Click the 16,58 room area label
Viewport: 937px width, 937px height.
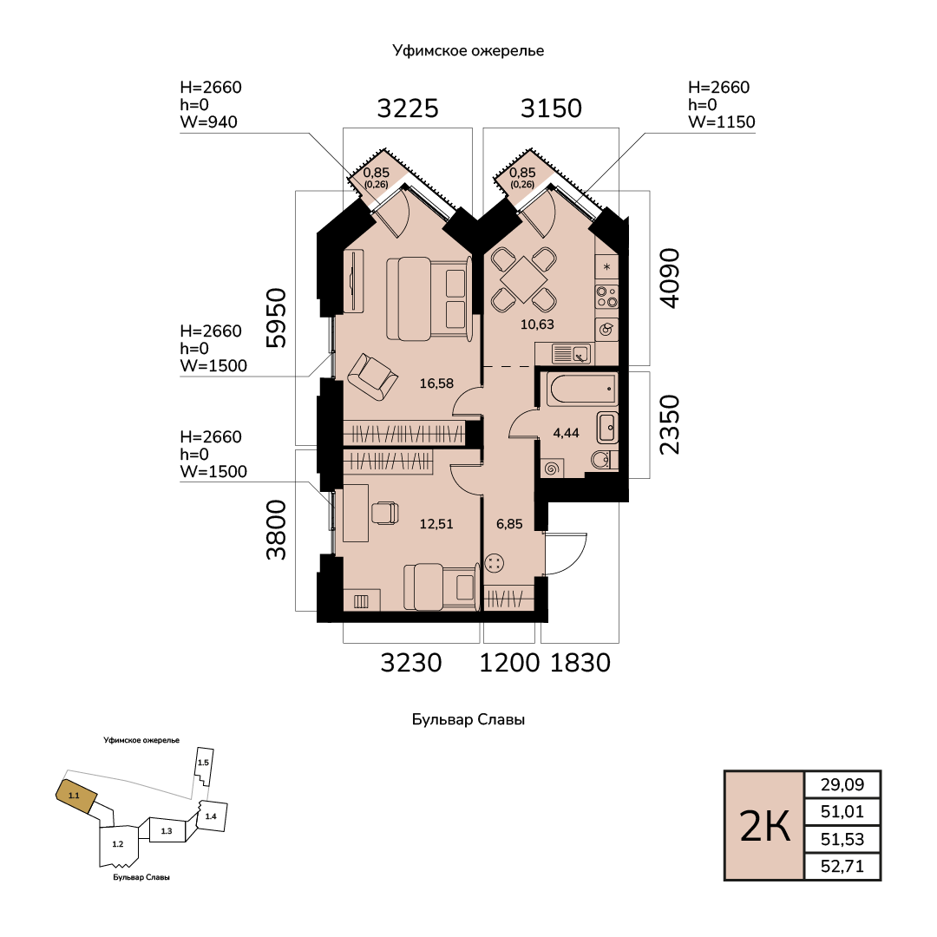pyautogui.click(x=436, y=383)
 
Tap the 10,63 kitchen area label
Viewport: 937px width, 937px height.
pyautogui.click(x=537, y=324)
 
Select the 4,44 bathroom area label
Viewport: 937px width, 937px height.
pyautogui.click(x=566, y=433)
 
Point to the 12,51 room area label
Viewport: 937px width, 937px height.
pyautogui.click(x=436, y=524)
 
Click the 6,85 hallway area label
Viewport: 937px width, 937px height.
pyautogui.click(x=509, y=524)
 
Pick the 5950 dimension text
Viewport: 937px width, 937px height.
pyautogui.click(x=277, y=318)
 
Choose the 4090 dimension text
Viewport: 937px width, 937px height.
pyautogui.click(x=670, y=278)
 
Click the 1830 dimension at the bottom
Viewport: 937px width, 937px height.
pyautogui.click(x=580, y=663)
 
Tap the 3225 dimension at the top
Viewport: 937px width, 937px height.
pyautogui.click(x=408, y=108)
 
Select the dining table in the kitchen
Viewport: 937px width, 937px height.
pyautogui.click(x=524, y=279)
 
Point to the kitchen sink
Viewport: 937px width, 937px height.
pyautogui.click(x=572, y=354)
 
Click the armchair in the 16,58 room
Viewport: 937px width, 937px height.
pyautogui.click(x=373, y=377)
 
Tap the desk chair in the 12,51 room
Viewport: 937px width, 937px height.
pyautogui.click(x=385, y=513)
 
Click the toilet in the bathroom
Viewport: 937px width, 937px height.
pyautogui.click(x=602, y=460)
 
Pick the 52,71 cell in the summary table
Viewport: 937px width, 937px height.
pyautogui.click(x=842, y=866)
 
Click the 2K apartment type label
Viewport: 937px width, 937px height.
pyautogui.click(x=765, y=827)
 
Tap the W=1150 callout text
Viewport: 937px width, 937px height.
pyautogui.click(x=721, y=122)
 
